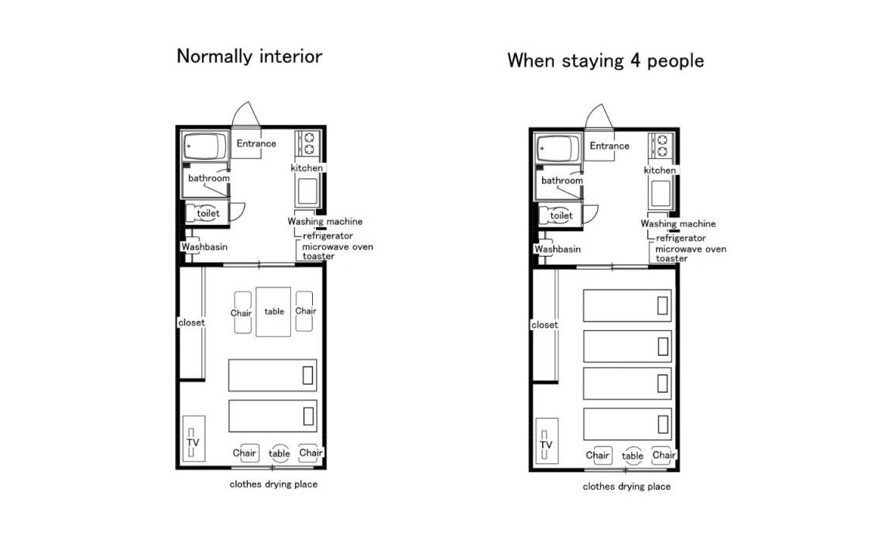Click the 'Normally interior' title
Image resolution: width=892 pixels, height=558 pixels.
(x=249, y=57)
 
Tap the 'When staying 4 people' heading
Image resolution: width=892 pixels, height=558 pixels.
(x=606, y=61)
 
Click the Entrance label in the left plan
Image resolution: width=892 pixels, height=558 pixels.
(x=256, y=143)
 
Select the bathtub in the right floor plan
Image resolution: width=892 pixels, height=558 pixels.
(x=557, y=148)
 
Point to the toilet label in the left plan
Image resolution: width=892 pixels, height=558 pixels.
(x=208, y=214)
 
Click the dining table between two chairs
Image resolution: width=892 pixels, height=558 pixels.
(x=273, y=312)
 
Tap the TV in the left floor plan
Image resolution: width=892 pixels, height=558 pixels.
(x=194, y=439)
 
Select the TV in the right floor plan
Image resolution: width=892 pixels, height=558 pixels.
(x=547, y=441)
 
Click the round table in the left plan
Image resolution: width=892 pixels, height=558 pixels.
(x=280, y=453)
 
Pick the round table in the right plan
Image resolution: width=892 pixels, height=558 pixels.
(x=633, y=456)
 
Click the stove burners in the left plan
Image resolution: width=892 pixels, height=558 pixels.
(x=308, y=143)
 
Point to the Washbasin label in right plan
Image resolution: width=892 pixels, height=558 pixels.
(x=557, y=250)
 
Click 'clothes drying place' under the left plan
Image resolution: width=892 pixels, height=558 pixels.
(x=273, y=484)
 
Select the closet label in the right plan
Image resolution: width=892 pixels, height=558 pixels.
(x=544, y=325)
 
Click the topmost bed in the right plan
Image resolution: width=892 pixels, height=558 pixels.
(x=627, y=305)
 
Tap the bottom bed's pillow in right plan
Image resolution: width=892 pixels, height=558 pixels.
(x=663, y=424)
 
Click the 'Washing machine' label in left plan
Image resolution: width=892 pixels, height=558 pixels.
(x=325, y=222)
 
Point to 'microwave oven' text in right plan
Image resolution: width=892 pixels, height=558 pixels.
(x=691, y=249)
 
